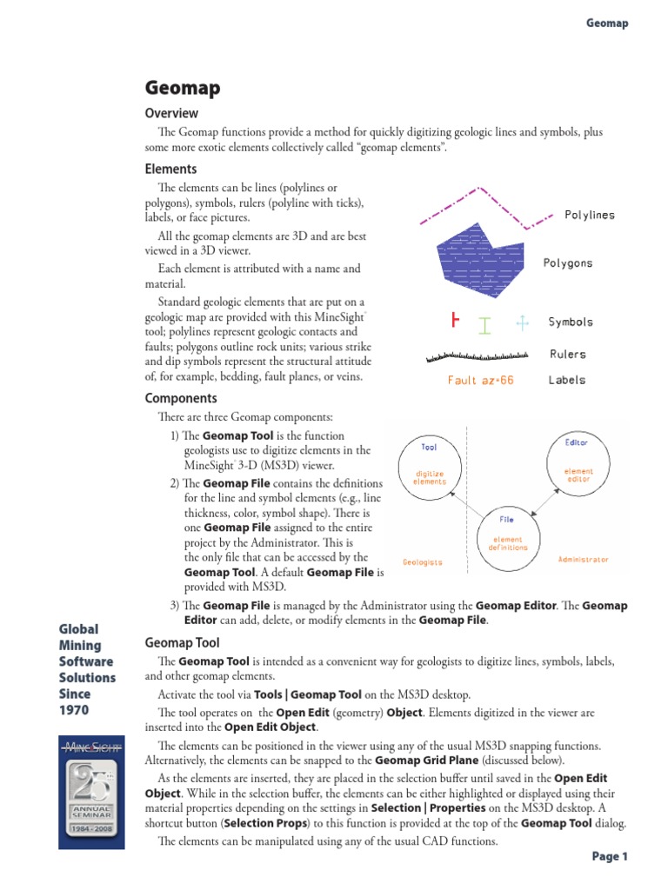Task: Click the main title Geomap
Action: coord(182,88)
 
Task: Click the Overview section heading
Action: coord(171,113)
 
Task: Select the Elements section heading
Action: coord(170,169)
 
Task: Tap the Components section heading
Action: coord(181,398)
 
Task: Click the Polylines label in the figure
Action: coord(589,215)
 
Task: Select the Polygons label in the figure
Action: coord(568,262)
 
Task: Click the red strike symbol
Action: coord(454,322)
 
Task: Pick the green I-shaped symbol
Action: coord(484,324)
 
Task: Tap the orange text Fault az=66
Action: coord(480,381)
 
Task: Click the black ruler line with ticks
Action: coord(478,355)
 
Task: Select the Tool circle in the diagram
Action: coord(429,465)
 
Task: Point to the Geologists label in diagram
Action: coord(423,562)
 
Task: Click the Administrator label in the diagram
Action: coord(583,559)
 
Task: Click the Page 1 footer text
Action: coord(610,857)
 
